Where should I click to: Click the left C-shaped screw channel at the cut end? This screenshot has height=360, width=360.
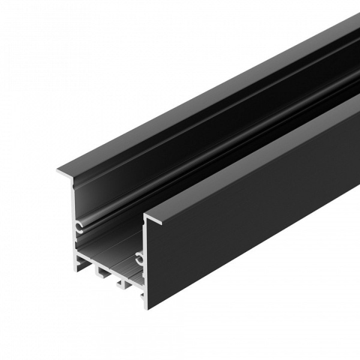click(x=80, y=226)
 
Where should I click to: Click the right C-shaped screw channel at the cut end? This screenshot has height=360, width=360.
click(x=139, y=259)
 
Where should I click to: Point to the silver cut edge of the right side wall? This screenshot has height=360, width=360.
click(x=144, y=282)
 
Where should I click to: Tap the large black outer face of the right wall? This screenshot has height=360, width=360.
click(x=252, y=210)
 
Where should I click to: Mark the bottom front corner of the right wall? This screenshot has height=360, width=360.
click(x=147, y=308)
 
